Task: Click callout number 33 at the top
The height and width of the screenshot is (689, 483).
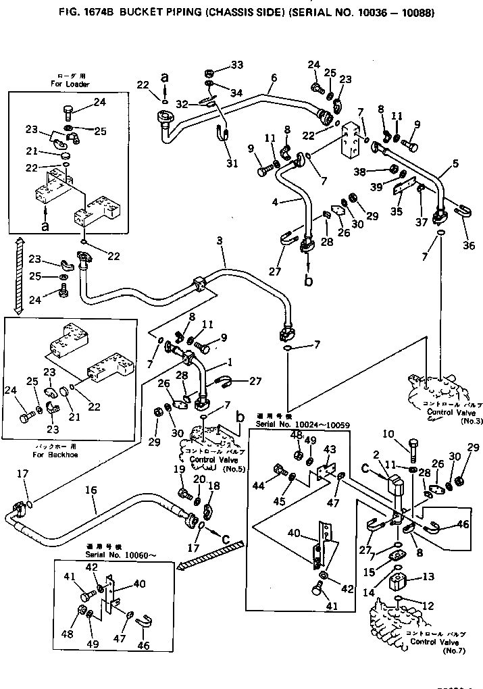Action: point(236,65)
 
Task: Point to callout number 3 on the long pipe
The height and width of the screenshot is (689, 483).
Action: point(220,241)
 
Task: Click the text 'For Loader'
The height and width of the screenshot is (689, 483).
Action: point(70,84)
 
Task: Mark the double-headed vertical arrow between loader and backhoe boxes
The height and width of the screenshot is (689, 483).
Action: point(19,277)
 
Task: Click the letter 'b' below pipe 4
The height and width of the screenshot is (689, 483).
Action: point(308,281)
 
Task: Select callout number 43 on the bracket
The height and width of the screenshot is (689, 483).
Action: point(330,451)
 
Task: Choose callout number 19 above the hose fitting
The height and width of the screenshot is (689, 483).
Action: point(179,469)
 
